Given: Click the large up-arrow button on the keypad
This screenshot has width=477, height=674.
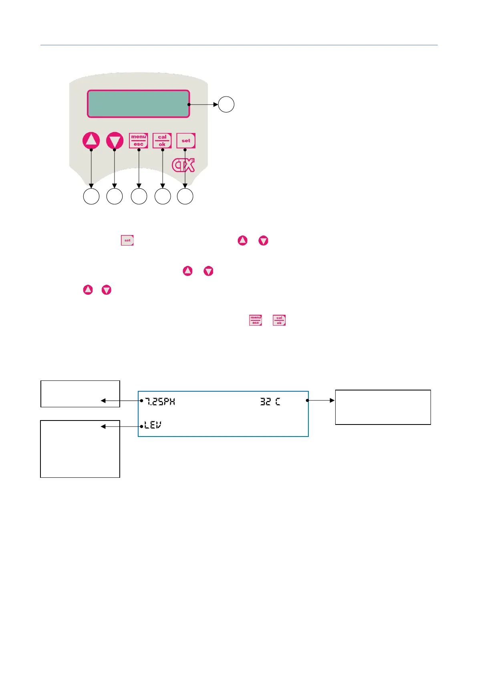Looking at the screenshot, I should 91,141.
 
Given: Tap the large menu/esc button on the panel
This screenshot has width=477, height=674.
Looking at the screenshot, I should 139,141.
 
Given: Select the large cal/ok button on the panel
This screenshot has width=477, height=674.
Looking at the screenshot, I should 162,141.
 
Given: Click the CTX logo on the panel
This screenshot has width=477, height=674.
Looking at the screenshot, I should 183,165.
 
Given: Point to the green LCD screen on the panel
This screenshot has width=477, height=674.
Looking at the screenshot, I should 138,104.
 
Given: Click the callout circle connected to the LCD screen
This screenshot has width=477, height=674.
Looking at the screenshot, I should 226,104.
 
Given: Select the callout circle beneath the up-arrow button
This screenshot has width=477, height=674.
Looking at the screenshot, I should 91,197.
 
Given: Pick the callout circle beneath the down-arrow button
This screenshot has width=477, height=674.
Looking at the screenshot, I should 115,197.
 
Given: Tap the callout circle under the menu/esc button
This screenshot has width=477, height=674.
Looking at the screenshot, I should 139,197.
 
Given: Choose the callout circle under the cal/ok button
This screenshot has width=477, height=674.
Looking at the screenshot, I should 163,197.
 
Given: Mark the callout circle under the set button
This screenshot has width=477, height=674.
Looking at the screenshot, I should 185,197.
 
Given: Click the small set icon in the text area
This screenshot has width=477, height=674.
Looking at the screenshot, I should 127,240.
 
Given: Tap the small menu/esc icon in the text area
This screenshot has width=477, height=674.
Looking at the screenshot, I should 256,320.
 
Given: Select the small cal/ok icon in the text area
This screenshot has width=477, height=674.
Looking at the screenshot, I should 279,320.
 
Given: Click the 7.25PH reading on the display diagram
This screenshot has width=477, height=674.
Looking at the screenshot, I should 160,401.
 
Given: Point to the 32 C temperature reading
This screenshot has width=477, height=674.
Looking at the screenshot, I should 270,401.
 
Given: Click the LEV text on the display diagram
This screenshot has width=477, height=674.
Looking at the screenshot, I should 153,425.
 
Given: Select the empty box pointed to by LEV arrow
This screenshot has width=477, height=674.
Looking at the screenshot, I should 80,449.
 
